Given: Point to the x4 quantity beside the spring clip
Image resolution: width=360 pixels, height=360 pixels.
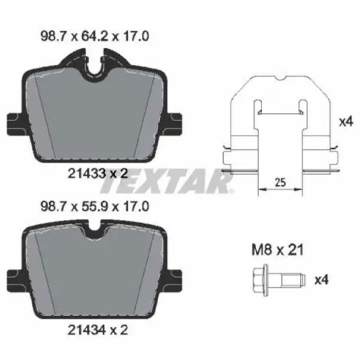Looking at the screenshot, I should pyautogui.click(x=344, y=122).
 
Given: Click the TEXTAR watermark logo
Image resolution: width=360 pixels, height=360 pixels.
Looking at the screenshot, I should pyautogui.click(x=181, y=182).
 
